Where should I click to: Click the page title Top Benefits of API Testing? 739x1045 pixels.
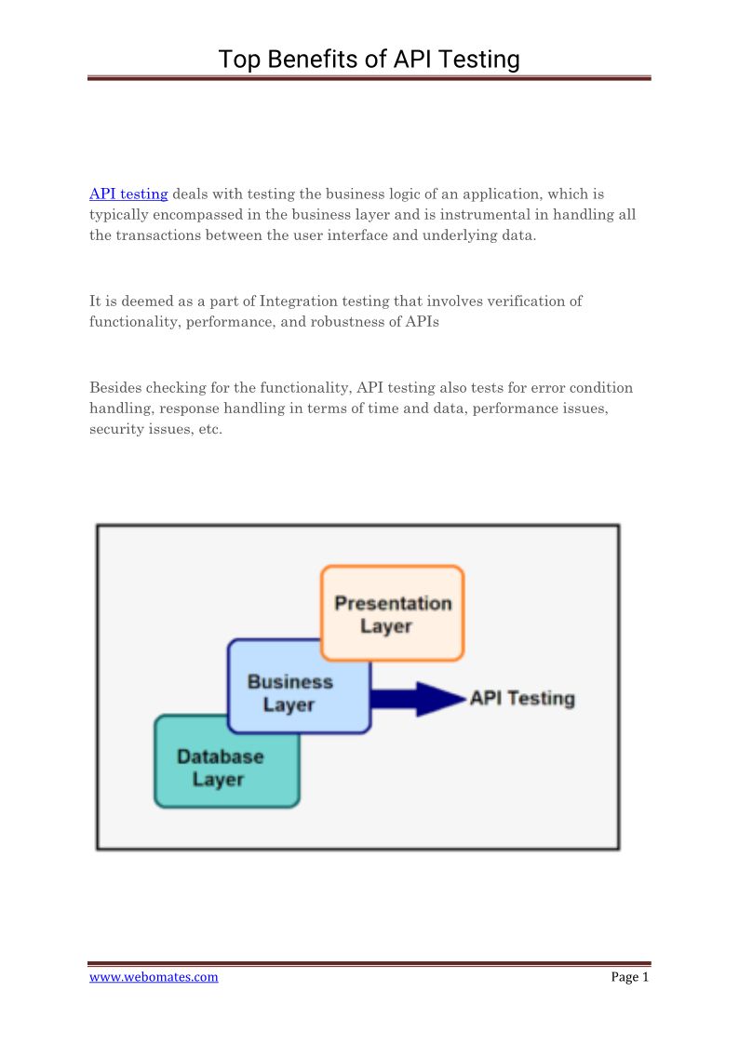pyautogui.click(x=369, y=60)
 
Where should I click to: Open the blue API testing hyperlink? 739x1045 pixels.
pyautogui.click(x=128, y=194)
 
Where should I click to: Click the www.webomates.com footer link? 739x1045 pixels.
pyautogui.click(x=154, y=977)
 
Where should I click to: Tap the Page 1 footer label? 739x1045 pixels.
pyautogui.click(x=630, y=977)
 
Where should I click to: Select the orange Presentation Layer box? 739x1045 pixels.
pyautogui.click(x=392, y=613)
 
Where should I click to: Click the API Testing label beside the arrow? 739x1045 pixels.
pyautogui.click(x=522, y=698)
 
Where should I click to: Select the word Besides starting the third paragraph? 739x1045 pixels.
pyautogui.click(x=117, y=387)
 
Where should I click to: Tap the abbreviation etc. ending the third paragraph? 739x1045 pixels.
pyautogui.click(x=209, y=430)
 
